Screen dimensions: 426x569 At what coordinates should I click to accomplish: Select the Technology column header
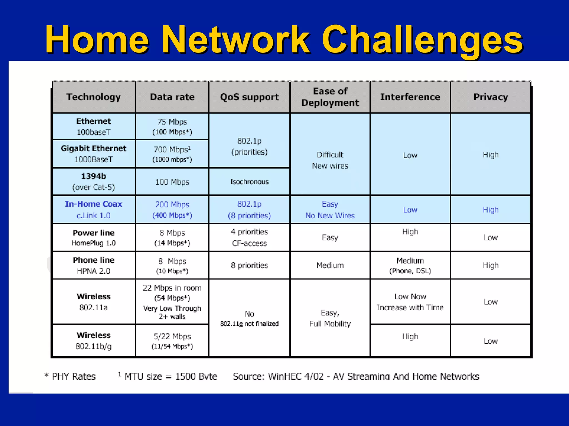94,97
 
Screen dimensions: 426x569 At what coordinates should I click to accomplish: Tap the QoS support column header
249,97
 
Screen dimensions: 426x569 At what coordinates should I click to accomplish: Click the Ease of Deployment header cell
330,97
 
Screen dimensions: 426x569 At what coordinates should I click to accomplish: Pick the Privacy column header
490,97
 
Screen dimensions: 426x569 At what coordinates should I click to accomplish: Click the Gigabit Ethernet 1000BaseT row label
94,154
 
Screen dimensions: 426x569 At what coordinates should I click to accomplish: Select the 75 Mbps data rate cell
172,126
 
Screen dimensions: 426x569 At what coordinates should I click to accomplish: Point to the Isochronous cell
249,182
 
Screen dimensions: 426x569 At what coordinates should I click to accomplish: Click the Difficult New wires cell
330,160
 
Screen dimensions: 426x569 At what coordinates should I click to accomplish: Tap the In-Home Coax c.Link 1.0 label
94,210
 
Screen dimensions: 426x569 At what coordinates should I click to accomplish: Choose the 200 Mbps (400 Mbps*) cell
172,210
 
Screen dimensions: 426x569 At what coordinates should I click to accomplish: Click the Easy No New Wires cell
330,210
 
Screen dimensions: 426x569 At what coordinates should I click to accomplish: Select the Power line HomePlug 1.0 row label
94,237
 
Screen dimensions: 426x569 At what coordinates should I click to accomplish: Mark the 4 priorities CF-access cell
249,237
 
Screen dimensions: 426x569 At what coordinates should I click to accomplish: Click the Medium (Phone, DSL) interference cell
410,265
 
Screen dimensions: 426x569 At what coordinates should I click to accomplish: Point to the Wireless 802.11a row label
94,302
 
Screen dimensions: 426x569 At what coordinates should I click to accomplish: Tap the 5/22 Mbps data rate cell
172,341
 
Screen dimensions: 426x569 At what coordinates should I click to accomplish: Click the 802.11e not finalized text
249,324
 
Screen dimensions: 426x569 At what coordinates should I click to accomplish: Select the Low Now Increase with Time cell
410,302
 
